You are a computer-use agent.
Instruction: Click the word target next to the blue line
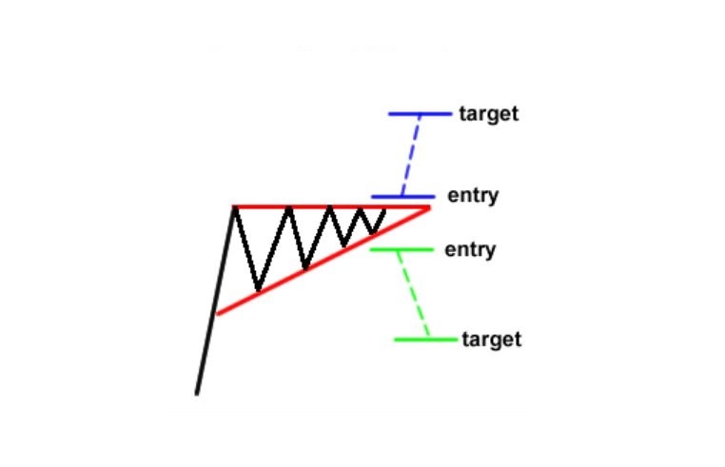[x=489, y=114]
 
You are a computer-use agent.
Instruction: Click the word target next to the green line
[x=492, y=340]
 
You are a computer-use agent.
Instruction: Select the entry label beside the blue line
[x=473, y=196]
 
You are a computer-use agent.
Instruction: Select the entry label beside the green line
[x=470, y=250]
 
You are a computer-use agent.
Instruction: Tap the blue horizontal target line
[x=421, y=114]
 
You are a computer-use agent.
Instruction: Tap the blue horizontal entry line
[x=403, y=197]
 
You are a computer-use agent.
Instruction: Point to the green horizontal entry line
[x=402, y=250]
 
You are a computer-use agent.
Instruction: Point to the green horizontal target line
[x=426, y=340]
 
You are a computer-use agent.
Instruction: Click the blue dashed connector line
[x=411, y=155]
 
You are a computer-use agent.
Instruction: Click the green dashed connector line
[x=414, y=295]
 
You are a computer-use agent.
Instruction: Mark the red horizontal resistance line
[x=331, y=207]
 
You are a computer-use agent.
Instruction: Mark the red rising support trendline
[x=323, y=262]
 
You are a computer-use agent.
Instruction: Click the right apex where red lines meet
[x=429, y=208]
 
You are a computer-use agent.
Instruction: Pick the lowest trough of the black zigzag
[x=259, y=290]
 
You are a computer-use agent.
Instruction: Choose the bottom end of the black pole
[x=197, y=394]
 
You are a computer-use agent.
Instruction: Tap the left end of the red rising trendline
[x=217, y=315]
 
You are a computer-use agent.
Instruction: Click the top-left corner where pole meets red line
[x=235, y=207]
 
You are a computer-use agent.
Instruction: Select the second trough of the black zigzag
[x=304, y=267]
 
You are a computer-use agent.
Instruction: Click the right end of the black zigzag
[x=384, y=209]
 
